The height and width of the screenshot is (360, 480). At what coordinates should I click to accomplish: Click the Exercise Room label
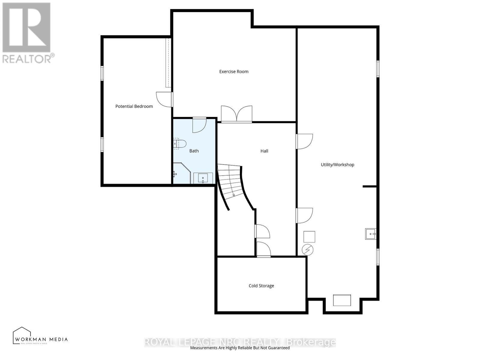pos(234,71)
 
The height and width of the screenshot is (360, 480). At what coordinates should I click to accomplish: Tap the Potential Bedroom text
pos(134,106)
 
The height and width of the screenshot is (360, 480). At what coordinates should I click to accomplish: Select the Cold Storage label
pos(261,286)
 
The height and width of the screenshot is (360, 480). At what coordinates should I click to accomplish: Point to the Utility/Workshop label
pos(337,164)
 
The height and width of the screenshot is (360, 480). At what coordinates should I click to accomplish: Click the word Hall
pos(264,151)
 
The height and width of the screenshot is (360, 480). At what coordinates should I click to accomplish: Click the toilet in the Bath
pos(180,144)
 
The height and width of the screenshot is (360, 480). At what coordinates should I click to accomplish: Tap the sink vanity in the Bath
pos(203,178)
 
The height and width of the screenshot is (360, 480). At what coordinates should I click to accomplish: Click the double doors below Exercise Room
pos(236,114)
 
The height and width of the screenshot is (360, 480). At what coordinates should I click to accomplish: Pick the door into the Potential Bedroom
pos(164,99)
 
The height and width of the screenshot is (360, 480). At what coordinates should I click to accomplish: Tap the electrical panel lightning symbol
pos(307,250)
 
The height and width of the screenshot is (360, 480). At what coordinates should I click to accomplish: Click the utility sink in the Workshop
pos(370,234)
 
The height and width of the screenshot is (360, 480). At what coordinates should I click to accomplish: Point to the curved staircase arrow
pos(234,194)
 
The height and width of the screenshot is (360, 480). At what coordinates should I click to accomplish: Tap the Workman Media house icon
pos(22,335)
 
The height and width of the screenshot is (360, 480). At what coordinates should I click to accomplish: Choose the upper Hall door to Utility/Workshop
pos(304,141)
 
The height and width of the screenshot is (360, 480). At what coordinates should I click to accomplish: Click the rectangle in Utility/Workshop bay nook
pos(342,300)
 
